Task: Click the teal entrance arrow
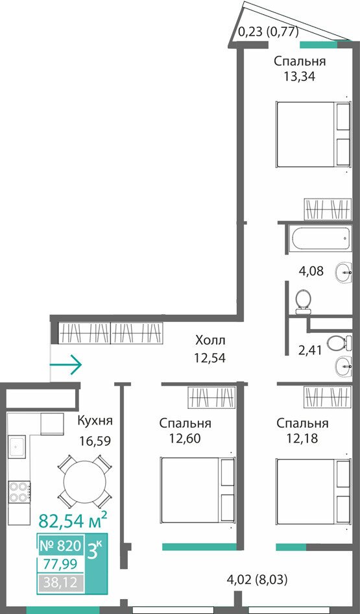pos(66,365)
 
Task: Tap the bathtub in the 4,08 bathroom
pos(320,237)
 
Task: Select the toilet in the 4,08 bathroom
pos(303,302)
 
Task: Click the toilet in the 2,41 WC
pos(335,344)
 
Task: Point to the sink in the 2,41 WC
pos(344,367)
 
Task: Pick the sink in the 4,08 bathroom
pos(344,271)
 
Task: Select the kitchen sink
pos(18,446)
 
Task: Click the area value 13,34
pos(300,76)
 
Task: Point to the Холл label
pos(211,340)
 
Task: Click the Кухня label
pos(95,421)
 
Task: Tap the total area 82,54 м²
pos(73,521)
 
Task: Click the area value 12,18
pos(302,438)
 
